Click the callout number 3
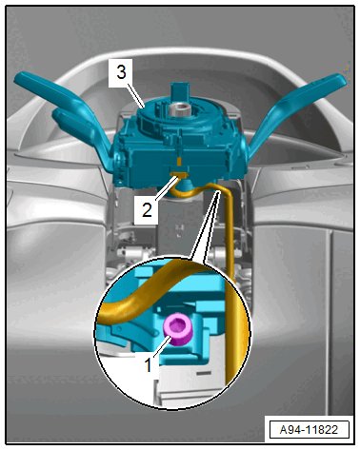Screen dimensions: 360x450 (x=121, y=72)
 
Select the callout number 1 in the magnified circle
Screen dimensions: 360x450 (x=149, y=364)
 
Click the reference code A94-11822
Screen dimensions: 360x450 (x=309, y=430)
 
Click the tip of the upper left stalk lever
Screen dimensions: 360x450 (x=18, y=78)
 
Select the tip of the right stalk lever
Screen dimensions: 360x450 (x=341, y=79)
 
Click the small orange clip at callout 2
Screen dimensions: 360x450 (x=179, y=174)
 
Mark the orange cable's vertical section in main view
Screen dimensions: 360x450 (x=230, y=236)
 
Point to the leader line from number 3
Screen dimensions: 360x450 (x=136, y=94)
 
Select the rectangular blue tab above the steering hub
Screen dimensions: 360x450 (x=179, y=92)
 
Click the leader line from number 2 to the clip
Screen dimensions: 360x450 (x=166, y=189)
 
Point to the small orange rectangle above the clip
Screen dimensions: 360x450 (x=179, y=162)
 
